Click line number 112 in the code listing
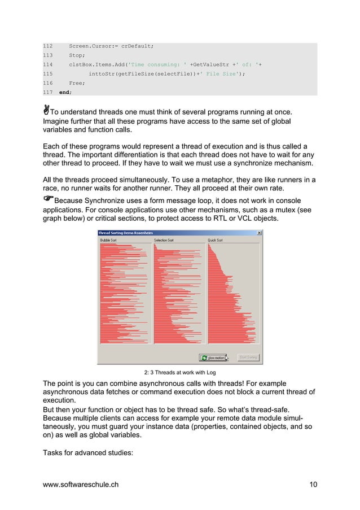pyautogui.click(x=48, y=46)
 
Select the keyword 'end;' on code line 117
pyautogui.click(x=65, y=91)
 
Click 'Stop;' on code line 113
pyautogui.click(x=77, y=55)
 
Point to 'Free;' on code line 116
pyautogui.click(x=77, y=82)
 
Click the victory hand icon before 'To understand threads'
pyautogui.click(x=46, y=108)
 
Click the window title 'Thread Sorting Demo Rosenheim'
pyautogui.click(x=125, y=233)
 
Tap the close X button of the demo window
pyautogui.click(x=259, y=233)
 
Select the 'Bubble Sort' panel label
pyautogui.click(x=109, y=240)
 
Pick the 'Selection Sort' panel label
pyautogui.click(x=164, y=240)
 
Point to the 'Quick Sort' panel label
pyautogui.click(x=216, y=240)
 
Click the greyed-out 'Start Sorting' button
pyautogui.click(x=248, y=357)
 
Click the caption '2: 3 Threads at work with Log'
pyautogui.click(x=179, y=372)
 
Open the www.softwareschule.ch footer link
pyautogui.click(x=81, y=484)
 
